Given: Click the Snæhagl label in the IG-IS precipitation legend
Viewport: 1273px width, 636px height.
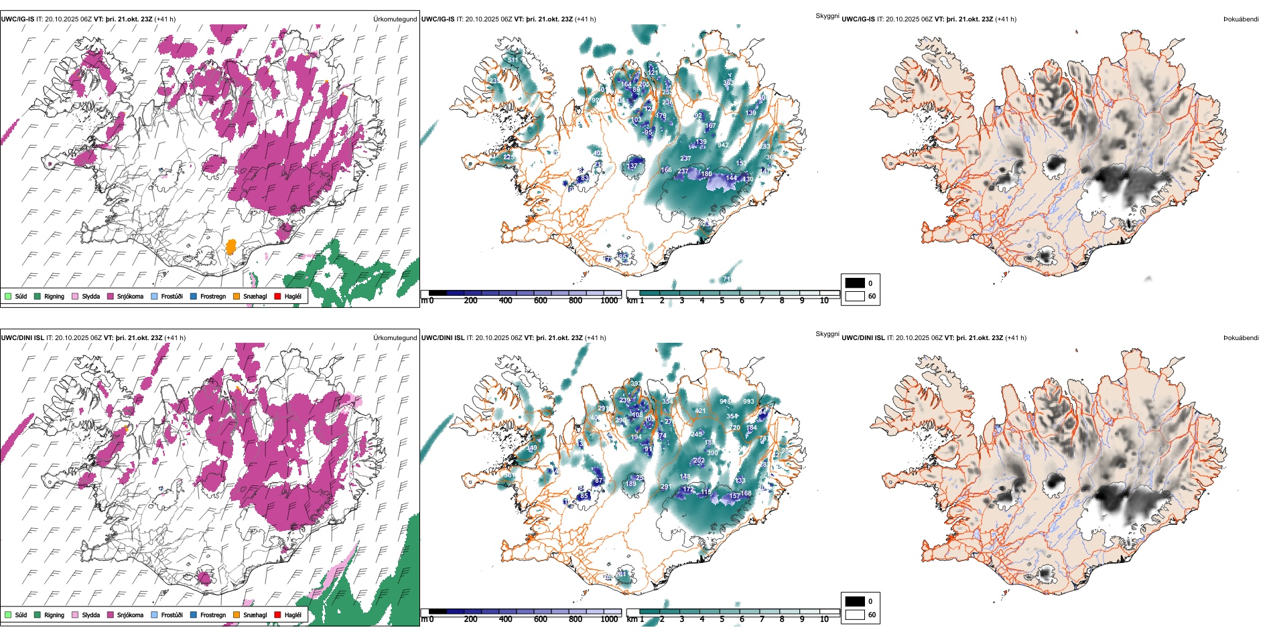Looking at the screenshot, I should click(255, 297).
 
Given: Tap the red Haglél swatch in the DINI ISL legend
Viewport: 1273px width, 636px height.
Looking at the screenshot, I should click(278, 615).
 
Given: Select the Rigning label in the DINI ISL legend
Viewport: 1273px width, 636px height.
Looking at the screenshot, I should click(54, 615).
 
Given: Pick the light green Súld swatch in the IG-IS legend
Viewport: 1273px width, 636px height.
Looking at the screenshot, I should click(8, 297).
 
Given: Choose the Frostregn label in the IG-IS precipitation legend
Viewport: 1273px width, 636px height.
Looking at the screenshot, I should click(213, 297).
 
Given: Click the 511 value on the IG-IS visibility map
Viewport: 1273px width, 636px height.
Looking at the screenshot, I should click(513, 60).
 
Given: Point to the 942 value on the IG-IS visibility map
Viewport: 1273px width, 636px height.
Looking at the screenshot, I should click(723, 145).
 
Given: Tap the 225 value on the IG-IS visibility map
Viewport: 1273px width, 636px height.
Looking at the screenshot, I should click(509, 157).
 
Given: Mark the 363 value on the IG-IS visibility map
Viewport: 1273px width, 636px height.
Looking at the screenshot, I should click(728, 83).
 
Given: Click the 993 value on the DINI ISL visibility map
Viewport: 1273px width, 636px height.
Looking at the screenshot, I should click(748, 402).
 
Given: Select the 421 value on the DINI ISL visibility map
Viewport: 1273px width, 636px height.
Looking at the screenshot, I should click(700, 411).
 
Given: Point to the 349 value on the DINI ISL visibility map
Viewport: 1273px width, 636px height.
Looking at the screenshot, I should click(532, 449).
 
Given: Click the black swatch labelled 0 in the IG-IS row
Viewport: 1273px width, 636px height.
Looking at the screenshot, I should click(855, 283).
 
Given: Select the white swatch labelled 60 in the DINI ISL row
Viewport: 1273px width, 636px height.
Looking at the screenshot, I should click(855, 615).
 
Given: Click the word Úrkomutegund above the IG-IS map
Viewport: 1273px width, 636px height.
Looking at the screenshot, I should click(395, 19).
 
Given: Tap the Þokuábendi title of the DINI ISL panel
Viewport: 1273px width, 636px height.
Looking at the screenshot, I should click(1241, 338).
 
